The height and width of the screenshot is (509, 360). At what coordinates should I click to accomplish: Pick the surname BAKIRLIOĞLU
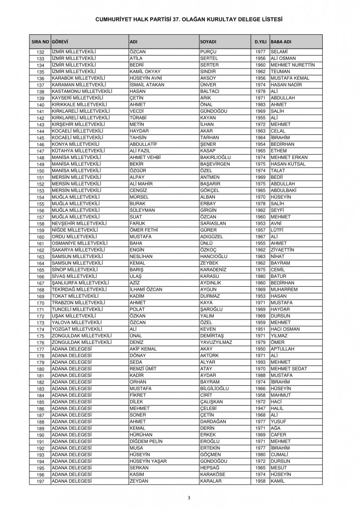click(x=217, y=158)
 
